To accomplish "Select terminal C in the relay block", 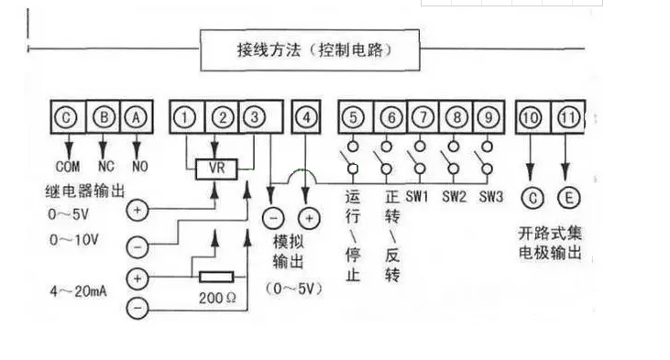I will (69, 118).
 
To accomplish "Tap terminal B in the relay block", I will (104, 118).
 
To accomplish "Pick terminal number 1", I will (186, 118).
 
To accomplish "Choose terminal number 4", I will (307, 118).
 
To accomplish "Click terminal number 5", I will (355, 118).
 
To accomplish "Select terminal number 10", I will (531, 118).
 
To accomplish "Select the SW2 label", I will (456, 197).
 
